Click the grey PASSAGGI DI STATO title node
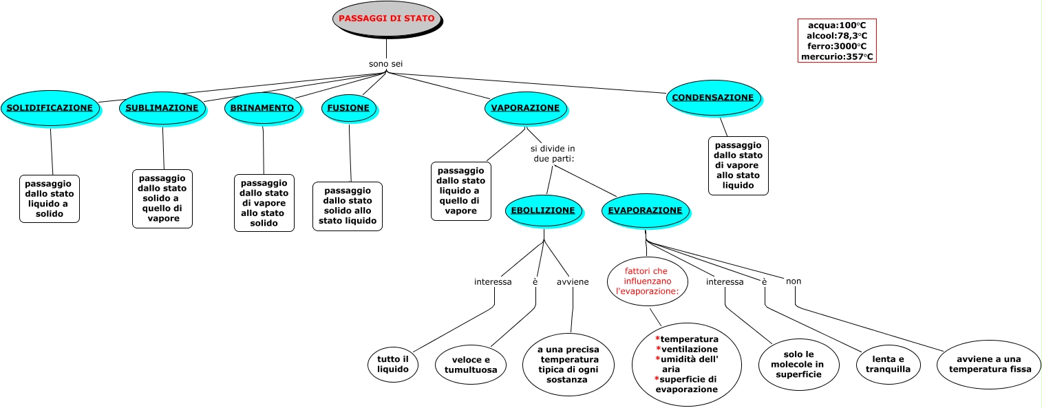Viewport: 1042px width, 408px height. tap(387, 19)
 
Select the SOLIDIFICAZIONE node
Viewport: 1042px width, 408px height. tap(50, 108)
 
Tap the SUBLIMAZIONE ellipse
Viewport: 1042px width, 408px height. tap(162, 108)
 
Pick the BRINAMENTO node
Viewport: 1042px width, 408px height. tap(262, 108)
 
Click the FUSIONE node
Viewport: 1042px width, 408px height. tap(349, 108)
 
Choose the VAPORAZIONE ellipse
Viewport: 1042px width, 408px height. tap(525, 109)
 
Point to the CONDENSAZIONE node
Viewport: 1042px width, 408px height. tap(712, 98)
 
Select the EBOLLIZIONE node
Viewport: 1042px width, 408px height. tap(543, 211)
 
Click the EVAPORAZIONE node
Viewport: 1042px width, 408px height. tap(645, 211)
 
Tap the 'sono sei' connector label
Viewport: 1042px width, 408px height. tap(385, 64)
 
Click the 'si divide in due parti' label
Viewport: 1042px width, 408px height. tap(553, 153)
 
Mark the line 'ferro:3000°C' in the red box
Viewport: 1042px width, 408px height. tap(836, 46)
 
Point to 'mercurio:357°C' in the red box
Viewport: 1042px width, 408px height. tap(837, 57)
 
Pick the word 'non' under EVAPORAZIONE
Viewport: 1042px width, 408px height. tap(794, 281)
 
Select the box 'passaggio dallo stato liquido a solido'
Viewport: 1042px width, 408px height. tap(50, 199)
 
